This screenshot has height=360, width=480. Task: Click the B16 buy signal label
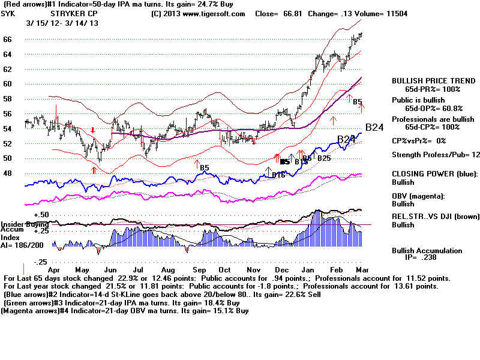(278, 175)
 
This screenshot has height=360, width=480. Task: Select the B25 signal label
(324, 158)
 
